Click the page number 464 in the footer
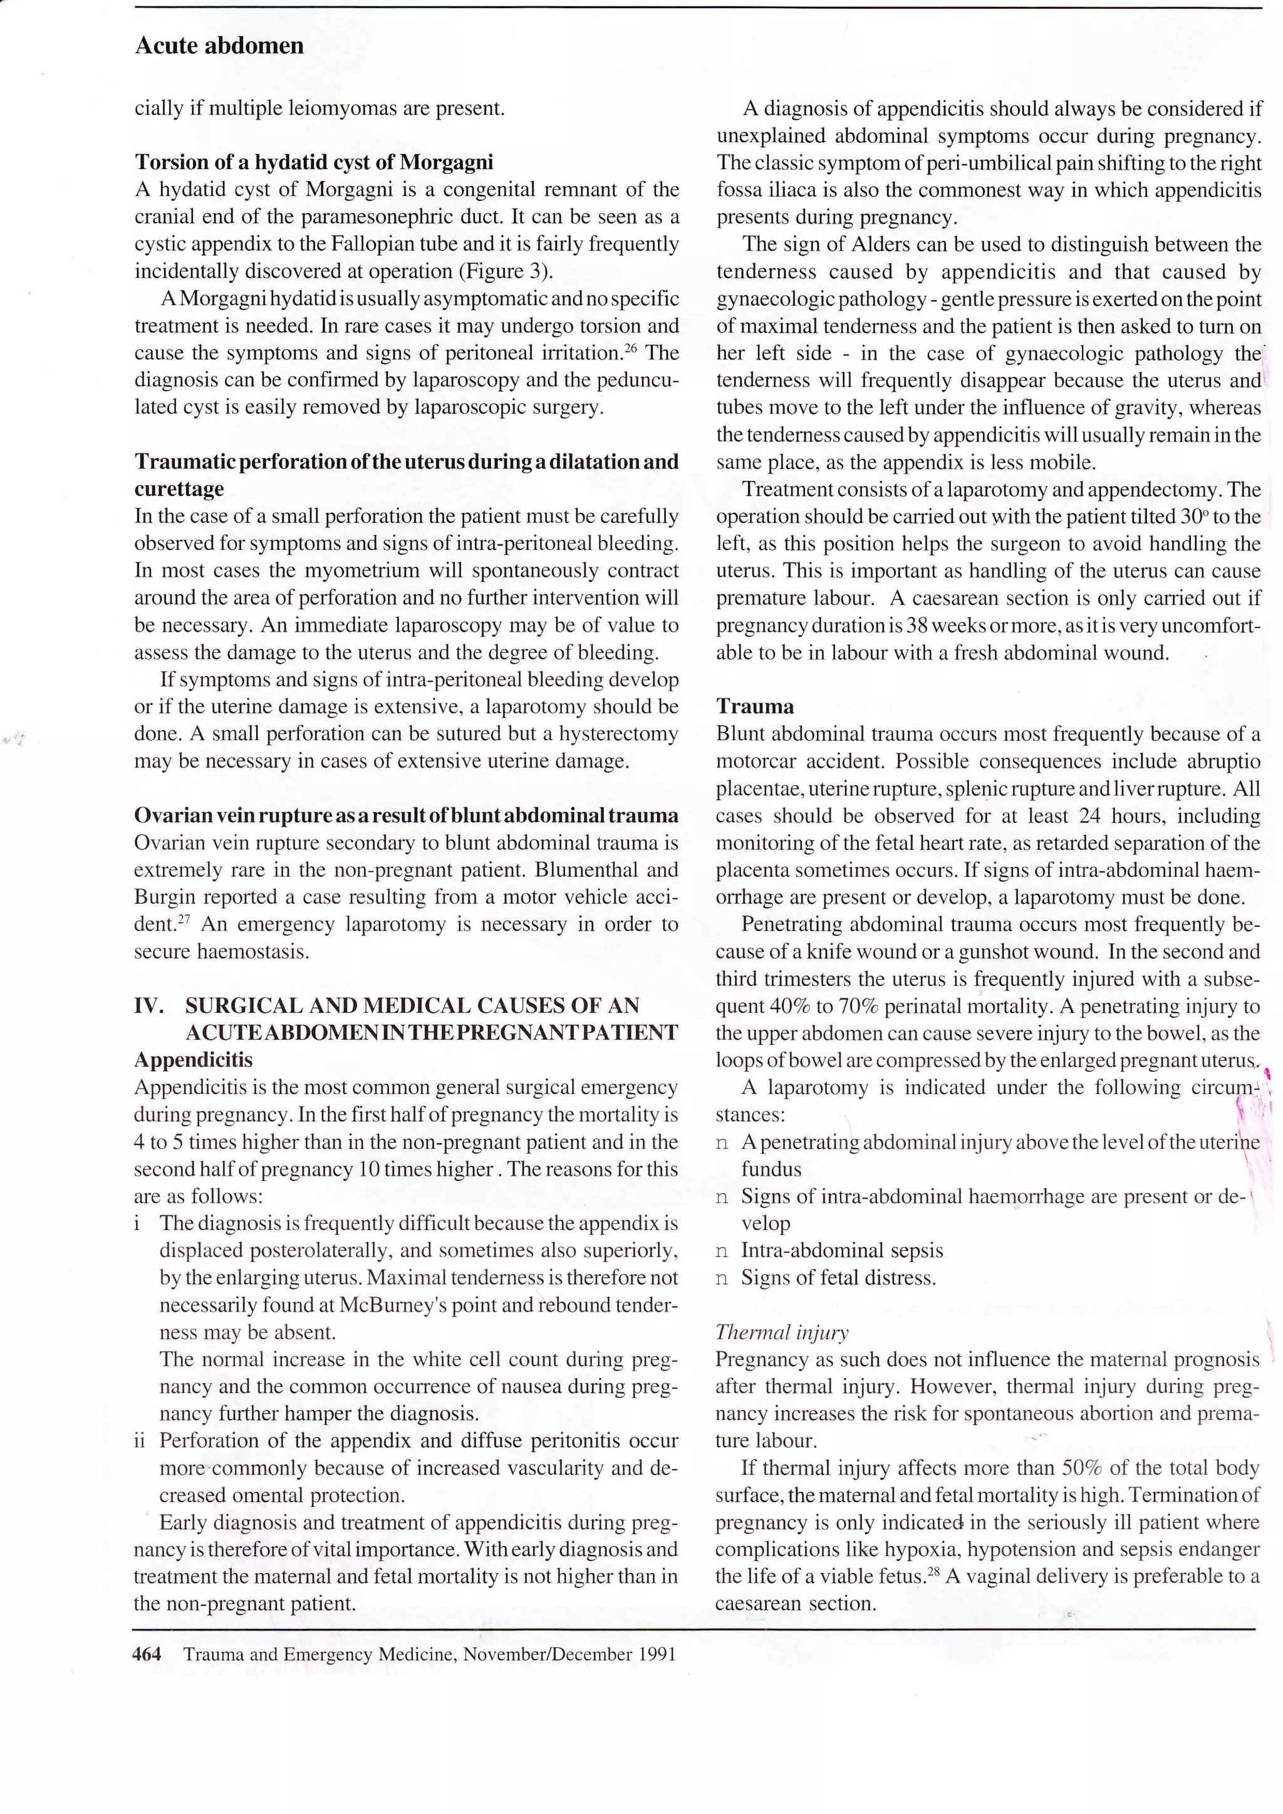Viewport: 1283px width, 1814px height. [148, 1654]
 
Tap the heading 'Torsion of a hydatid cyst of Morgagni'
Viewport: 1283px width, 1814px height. [314, 162]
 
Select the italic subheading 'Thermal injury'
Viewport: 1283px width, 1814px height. [781, 1332]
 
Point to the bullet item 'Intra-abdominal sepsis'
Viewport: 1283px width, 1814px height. [841, 1251]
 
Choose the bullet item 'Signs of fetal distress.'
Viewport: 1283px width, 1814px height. [838, 1278]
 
